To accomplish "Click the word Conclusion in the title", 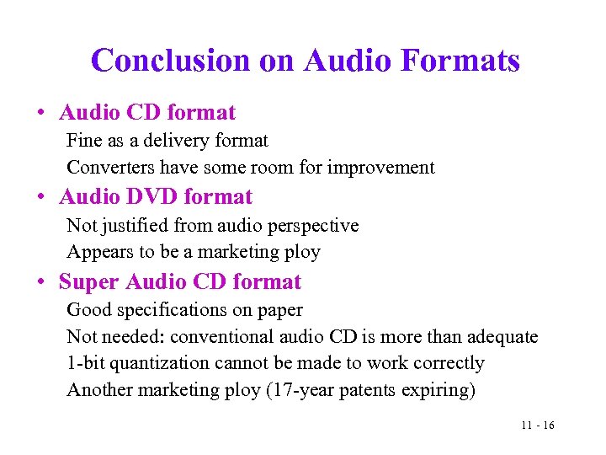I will [x=171, y=62].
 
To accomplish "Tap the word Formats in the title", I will [x=460, y=62].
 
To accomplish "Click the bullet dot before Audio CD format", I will [x=40, y=113].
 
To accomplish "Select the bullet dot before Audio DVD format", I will [x=40, y=198].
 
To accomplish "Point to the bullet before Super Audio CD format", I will [x=40, y=282].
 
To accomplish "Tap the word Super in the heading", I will [x=88, y=282].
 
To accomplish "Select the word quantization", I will [x=157, y=363].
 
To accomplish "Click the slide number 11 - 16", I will [x=537, y=426].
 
